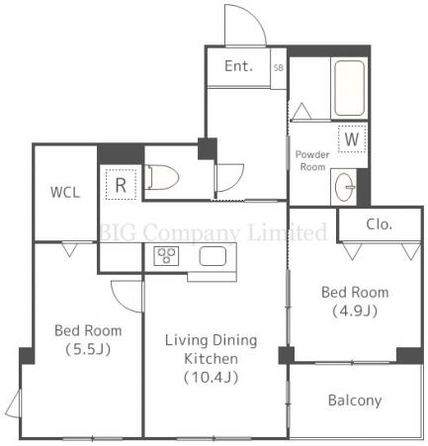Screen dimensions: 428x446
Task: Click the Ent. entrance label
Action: coord(238,66)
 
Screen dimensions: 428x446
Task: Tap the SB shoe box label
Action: coord(279,67)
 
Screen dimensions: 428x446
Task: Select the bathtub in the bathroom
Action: coord(350,88)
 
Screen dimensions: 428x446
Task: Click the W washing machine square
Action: coord(352,139)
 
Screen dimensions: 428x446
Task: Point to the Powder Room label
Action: coord(312,160)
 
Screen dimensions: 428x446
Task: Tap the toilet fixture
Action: coord(162,177)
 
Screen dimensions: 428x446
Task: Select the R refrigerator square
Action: coord(121,185)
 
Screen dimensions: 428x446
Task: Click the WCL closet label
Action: coord(65,193)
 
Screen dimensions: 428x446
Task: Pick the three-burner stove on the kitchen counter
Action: coord(166,256)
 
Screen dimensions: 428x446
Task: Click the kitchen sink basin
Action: coord(213,256)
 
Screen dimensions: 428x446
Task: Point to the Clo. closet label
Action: coord(380,224)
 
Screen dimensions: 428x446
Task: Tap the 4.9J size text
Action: coord(355,311)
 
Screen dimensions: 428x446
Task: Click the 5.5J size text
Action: coord(88,349)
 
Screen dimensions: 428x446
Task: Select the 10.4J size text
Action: coord(211,378)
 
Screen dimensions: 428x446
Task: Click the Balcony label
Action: coord(355,401)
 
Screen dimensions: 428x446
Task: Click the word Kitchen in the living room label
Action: coord(211,359)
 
